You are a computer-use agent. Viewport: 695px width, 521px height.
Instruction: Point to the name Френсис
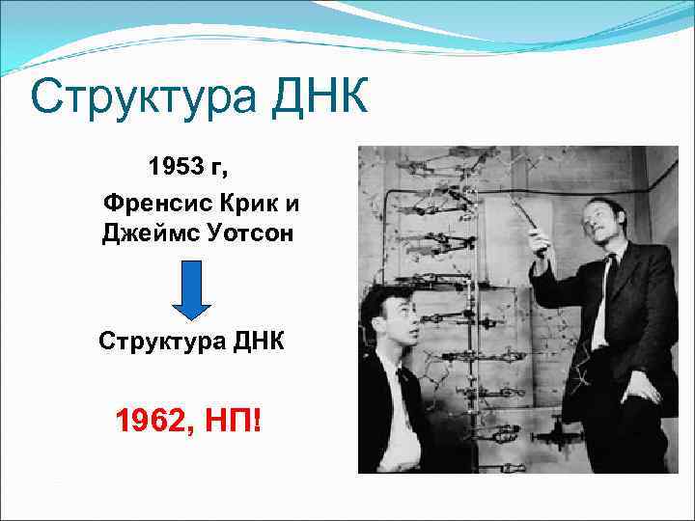(153, 204)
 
